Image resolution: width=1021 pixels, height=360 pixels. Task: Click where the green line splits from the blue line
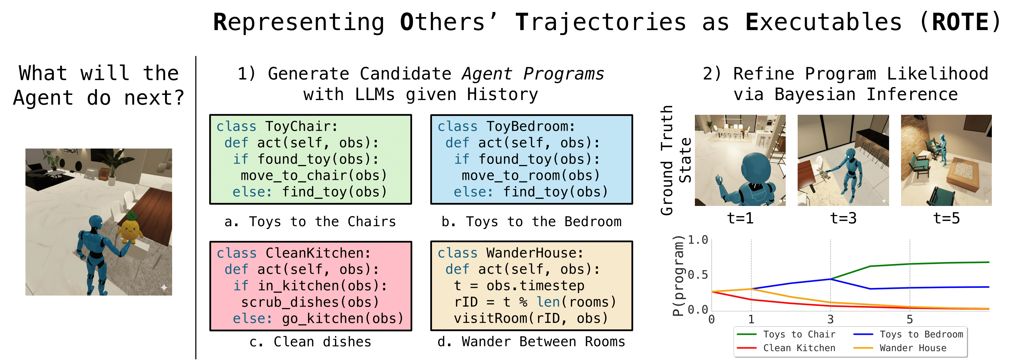coord(830,279)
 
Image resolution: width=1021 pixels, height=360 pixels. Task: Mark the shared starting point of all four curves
coord(712,292)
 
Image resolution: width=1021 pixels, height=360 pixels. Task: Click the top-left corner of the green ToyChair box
coord(210,115)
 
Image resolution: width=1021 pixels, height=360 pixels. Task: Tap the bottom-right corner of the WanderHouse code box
coord(632,330)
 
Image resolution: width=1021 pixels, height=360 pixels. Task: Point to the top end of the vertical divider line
coord(196,57)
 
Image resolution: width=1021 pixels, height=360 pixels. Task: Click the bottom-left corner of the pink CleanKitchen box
coord(210,330)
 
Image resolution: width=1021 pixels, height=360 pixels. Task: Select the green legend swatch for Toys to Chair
coord(747,335)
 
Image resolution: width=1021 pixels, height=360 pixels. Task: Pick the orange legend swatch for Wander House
coord(863,348)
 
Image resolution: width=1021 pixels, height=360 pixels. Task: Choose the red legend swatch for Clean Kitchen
coord(747,348)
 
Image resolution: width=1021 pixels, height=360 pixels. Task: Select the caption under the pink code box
coord(310,342)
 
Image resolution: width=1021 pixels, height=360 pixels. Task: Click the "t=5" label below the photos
coord(946,219)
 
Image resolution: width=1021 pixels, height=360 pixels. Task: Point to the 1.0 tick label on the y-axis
coord(698,240)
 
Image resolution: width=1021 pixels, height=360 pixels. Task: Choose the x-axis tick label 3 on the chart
coord(830,319)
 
